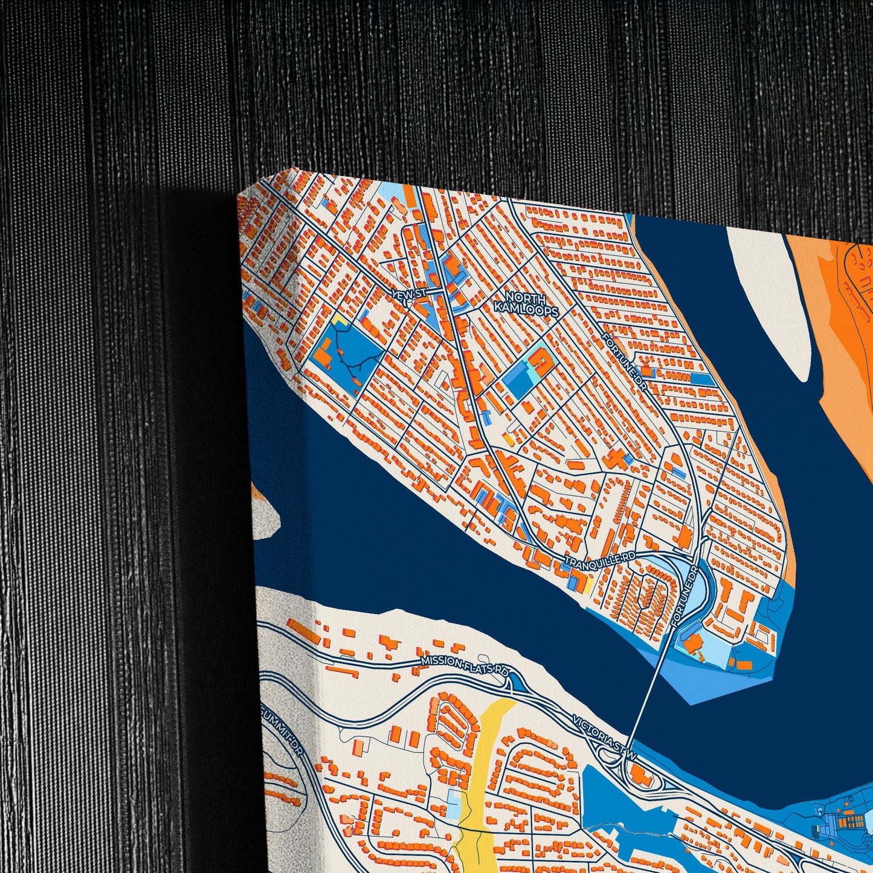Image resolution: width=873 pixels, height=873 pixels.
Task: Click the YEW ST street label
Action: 409,293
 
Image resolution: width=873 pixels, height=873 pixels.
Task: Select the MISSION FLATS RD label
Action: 466,666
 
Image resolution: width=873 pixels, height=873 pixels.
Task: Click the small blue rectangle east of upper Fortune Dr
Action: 701,379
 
